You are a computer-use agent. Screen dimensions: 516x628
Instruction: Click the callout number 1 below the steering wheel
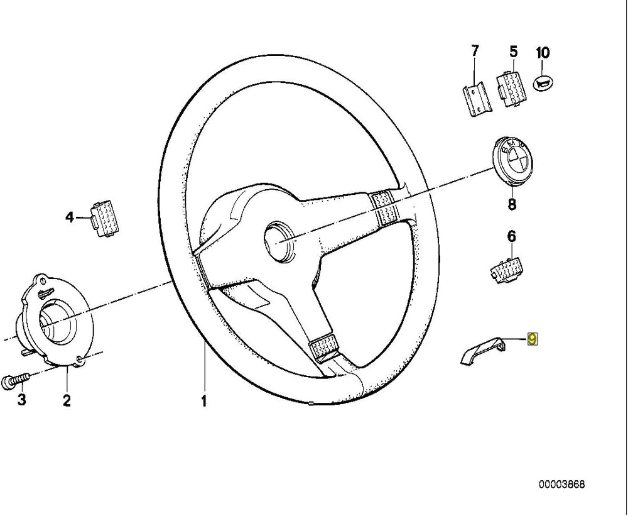click(x=203, y=400)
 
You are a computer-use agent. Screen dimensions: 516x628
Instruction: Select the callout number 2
click(x=67, y=400)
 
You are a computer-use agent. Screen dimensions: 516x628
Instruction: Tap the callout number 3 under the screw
click(x=21, y=400)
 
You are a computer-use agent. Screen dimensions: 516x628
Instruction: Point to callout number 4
click(x=69, y=217)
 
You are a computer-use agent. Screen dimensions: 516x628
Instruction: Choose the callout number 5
click(x=513, y=52)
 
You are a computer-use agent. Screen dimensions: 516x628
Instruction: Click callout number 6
click(x=511, y=236)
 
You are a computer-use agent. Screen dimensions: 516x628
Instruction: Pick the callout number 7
click(x=475, y=50)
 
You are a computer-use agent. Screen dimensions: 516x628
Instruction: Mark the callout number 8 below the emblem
click(x=511, y=204)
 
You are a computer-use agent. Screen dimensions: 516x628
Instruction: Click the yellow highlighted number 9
click(x=533, y=339)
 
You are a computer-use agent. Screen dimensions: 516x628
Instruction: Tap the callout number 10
click(x=543, y=52)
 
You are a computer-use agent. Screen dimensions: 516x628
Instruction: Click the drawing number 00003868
click(x=561, y=485)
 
